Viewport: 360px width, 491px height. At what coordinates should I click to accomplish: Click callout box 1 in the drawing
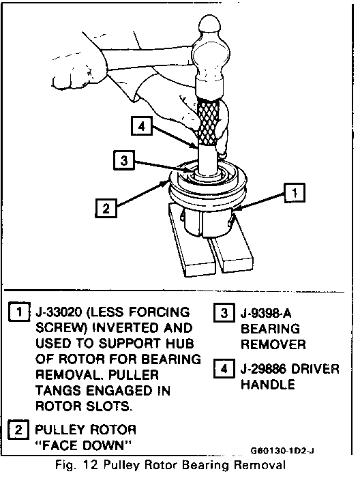tap(295, 192)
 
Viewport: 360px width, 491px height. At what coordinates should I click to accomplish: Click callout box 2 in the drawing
tap(106, 208)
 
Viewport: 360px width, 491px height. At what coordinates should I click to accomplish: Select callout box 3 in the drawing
tap(124, 160)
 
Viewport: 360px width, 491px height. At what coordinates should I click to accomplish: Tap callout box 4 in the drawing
tap(142, 126)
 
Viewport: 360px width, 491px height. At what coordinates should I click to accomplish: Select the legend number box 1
tap(19, 312)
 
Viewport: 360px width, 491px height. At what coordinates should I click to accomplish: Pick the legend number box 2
tap(18, 430)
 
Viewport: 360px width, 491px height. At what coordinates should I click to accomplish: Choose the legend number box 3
tap(224, 312)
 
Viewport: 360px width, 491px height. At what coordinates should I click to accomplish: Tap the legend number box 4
tap(224, 368)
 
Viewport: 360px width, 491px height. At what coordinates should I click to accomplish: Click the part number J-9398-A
tap(266, 313)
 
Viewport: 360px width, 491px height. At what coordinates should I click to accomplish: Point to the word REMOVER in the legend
tap(273, 344)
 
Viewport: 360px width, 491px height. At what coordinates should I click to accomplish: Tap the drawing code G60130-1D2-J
tap(282, 451)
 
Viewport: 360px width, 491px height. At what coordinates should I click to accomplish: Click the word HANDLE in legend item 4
tap(268, 384)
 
